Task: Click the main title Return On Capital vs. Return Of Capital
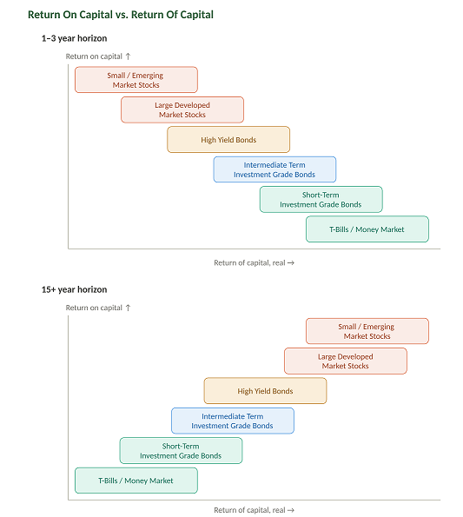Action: [121, 15]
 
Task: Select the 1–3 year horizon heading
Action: [74, 38]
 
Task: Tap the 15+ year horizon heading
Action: [74, 289]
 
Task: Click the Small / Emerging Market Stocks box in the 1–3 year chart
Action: [136, 80]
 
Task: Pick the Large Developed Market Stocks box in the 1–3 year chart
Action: [182, 109]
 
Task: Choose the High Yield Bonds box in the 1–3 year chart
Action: [228, 140]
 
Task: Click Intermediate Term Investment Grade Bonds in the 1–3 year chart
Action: [274, 169]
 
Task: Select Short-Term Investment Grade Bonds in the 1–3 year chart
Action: [321, 200]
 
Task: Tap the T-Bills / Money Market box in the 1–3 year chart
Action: [367, 229]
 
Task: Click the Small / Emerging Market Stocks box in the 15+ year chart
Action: [367, 331]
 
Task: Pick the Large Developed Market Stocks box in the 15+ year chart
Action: [346, 361]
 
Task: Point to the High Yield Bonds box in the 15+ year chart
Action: [265, 391]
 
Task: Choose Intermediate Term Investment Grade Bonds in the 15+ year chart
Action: [233, 421]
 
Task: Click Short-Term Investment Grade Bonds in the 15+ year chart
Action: [181, 451]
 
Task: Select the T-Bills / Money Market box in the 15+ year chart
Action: [136, 481]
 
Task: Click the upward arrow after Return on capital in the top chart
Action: [129, 56]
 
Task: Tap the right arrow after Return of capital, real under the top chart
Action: [291, 262]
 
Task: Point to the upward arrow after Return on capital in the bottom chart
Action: [129, 308]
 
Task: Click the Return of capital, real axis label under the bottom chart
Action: [249, 510]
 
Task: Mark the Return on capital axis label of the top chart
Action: [94, 56]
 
